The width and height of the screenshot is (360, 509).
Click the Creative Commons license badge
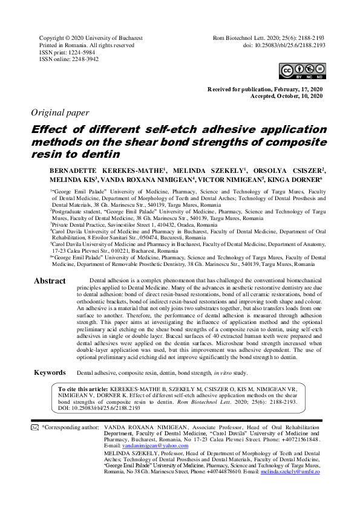(301, 73)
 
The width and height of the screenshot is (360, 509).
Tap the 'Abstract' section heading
(50, 281)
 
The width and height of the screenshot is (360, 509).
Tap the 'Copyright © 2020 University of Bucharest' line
(91, 37)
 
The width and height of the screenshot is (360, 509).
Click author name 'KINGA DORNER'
(298, 180)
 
